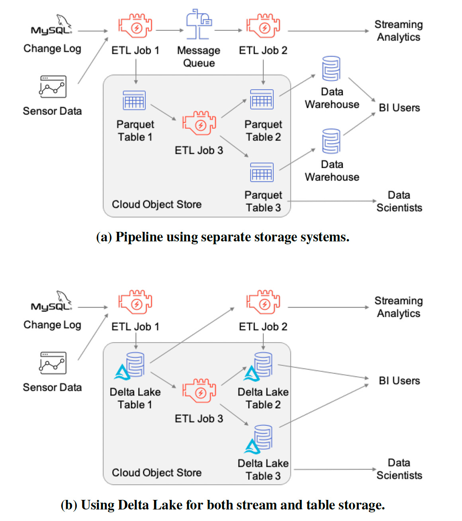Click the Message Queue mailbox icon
tap(198, 25)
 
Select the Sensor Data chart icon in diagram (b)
tap(53, 363)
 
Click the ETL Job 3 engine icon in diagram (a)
tap(199, 123)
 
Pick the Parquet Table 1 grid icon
tap(134, 100)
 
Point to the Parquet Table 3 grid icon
tap(262, 172)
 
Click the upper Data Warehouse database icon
tap(331, 69)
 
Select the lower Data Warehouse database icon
tap(331, 141)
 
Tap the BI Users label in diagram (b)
tap(399, 381)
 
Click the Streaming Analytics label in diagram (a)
tap(398, 31)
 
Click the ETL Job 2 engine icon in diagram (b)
tap(263, 303)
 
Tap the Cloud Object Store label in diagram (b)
tap(157, 473)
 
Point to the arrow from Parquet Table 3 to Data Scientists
tap(333, 201)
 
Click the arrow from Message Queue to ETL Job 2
tap(228, 30)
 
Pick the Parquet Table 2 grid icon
tap(262, 99)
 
